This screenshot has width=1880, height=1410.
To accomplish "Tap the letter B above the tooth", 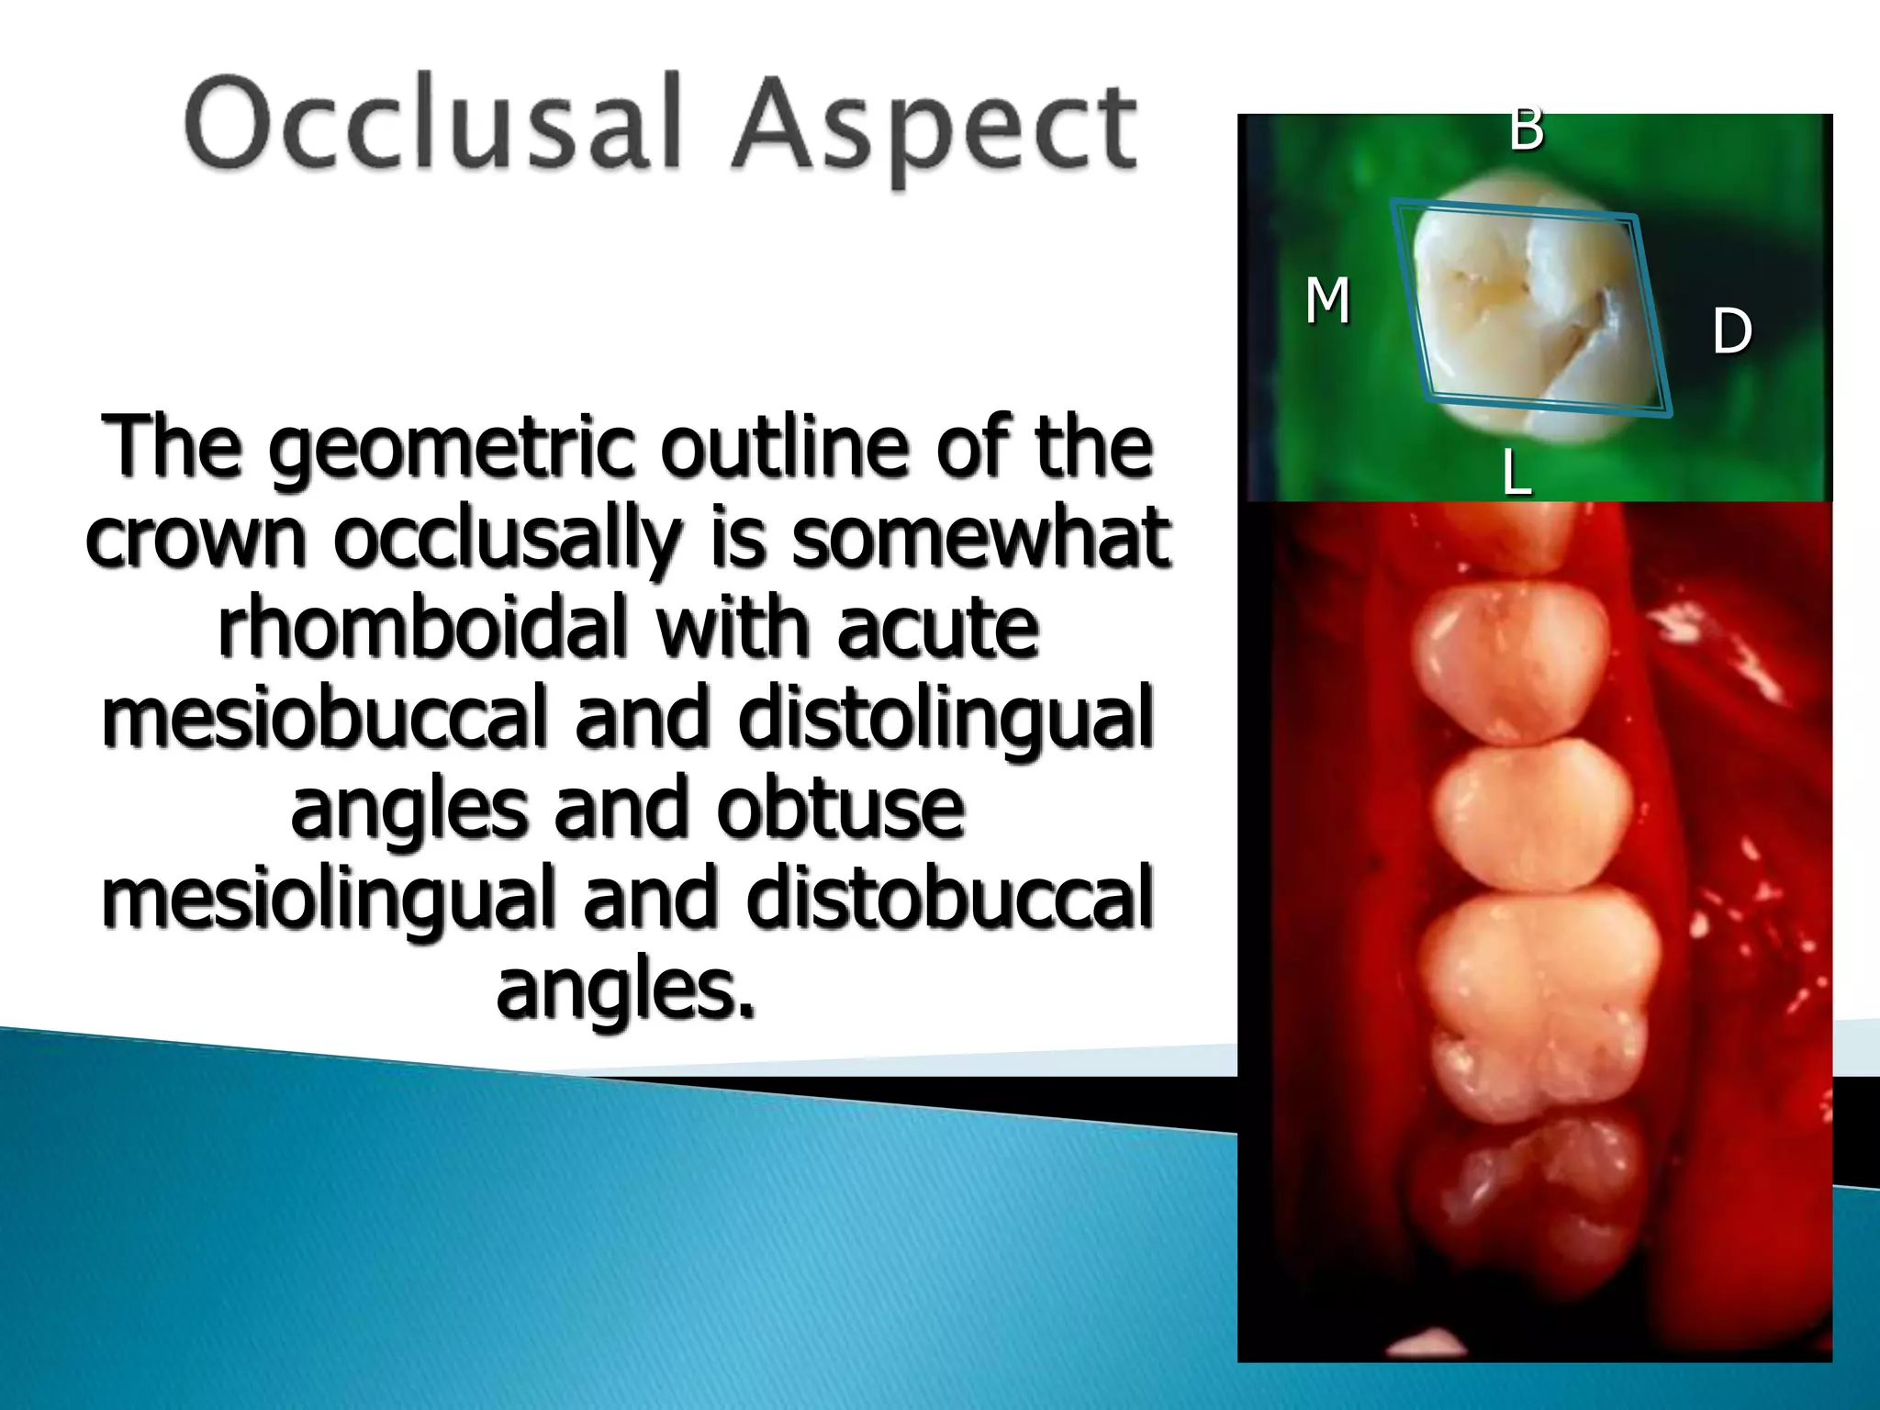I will pyautogui.click(x=1526, y=129).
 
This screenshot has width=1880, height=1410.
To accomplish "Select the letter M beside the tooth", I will pyautogui.click(x=1327, y=300).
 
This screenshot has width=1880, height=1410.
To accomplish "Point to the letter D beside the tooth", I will pyautogui.click(x=1731, y=331).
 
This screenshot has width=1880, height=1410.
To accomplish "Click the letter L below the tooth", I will pyautogui.click(x=1516, y=474).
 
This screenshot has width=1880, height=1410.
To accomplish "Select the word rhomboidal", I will pyautogui.click(x=428, y=628).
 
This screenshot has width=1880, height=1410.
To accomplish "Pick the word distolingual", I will pyautogui.click(x=946, y=719).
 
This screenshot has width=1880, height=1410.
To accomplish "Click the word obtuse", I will pyautogui.click(x=840, y=809).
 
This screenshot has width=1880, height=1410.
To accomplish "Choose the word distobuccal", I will pyautogui.click(x=949, y=900).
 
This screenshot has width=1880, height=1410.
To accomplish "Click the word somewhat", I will pyautogui.click(x=980, y=539).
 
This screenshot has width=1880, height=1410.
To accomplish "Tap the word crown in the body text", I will pyautogui.click(x=196, y=539).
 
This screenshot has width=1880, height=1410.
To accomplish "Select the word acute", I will pyautogui.click(x=937, y=628).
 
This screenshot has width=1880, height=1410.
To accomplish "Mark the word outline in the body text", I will pyautogui.click(x=788, y=449).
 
